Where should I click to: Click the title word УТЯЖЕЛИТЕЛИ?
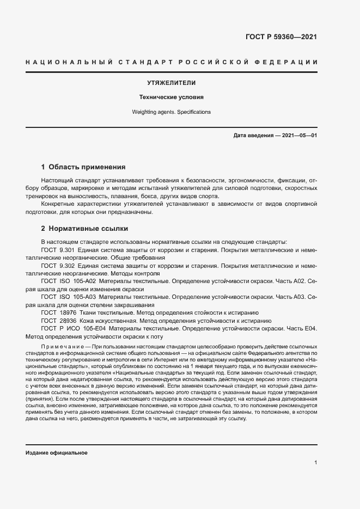point(172,83)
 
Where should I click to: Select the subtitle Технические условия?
point(172,97)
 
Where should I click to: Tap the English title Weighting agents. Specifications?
point(172,112)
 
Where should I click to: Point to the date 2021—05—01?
point(299,135)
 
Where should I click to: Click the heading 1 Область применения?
point(83,167)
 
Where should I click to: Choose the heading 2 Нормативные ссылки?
point(84,229)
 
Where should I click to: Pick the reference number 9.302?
point(69,265)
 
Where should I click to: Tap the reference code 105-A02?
point(85,281)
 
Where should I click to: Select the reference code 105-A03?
point(85,297)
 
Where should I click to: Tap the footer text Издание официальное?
point(56,453)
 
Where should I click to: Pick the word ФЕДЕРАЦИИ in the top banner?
point(289,63)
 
